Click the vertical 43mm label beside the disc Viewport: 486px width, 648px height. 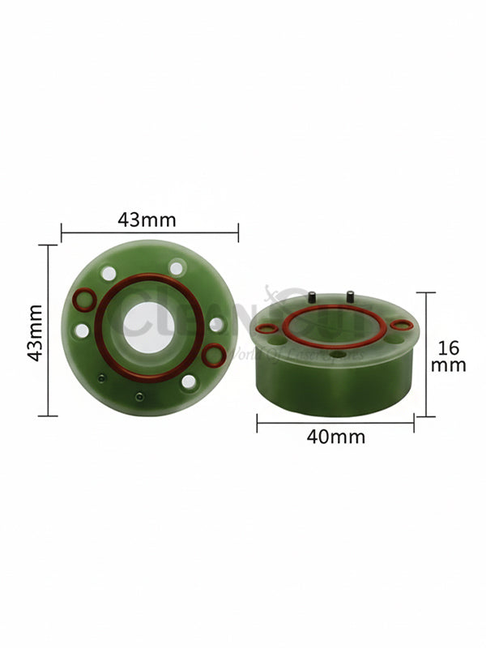[x=35, y=333]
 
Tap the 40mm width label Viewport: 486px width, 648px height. [x=336, y=437]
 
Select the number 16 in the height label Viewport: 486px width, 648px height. [x=448, y=348]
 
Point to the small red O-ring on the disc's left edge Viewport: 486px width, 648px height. [x=82, y=301]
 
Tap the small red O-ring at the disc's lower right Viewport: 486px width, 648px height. [x=214, y=353]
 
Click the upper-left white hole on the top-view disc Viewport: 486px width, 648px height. [x=109, y=274]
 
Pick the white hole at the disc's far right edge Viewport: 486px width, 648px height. [x=216, y=324]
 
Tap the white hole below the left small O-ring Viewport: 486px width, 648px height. [x=82, y=330]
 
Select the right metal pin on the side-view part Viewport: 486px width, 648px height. [x=351, y=296]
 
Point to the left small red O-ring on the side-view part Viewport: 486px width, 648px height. [x=266, y=329]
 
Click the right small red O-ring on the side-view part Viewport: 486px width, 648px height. [x=401, y=325]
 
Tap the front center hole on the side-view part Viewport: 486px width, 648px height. [x=335, y=354]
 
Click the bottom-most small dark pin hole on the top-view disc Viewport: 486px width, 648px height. [x=139, y=396]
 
